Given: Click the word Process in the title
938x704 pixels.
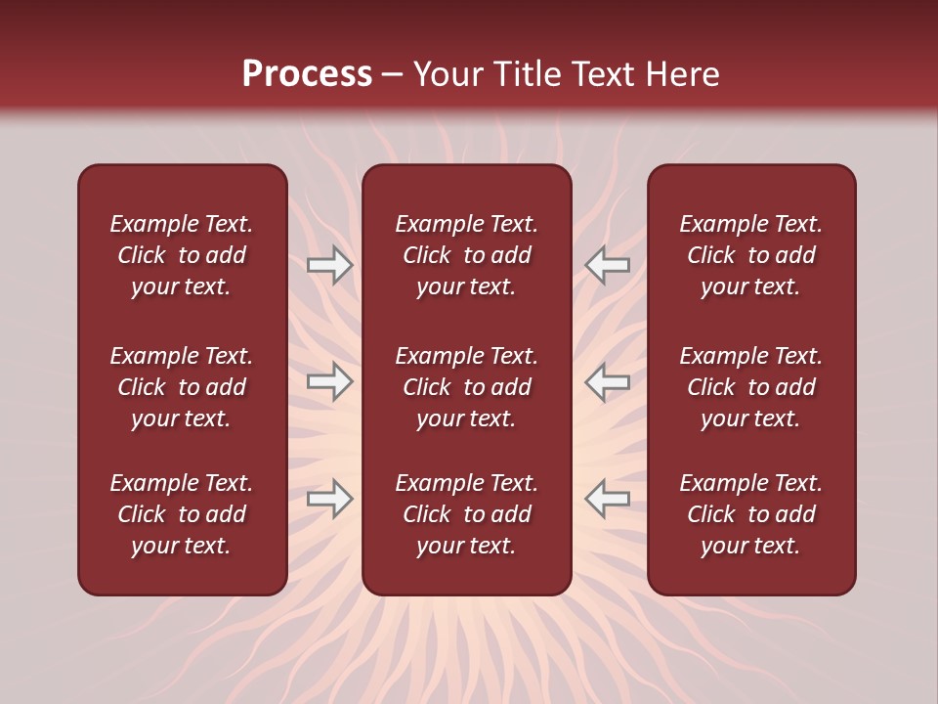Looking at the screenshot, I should [x=307, y=74].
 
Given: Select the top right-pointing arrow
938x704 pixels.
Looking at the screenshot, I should [x=329, y=265].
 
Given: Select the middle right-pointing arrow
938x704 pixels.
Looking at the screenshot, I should [x=329, y=381].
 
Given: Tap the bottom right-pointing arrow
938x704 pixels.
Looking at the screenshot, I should [x=329, y=500].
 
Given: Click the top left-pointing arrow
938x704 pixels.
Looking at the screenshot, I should [x=607, y=265].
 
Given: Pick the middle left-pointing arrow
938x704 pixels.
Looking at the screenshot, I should [x=607, y=381].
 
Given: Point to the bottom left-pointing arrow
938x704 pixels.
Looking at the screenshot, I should [x=607, y=500].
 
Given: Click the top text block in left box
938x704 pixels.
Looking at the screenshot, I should [x=182, y=255].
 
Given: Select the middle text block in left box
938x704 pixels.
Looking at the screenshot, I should [x=182, y=387].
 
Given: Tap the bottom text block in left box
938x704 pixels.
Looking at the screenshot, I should [x=182, y=514].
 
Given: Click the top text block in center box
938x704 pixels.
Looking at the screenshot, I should [x=466, y=255].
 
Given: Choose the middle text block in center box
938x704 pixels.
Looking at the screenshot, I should [x=466, y=387].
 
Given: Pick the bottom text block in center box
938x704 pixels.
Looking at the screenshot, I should [x=466, y=514].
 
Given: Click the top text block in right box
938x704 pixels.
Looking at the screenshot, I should [x=750, y=255].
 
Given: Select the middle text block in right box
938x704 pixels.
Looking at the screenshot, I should [x=750, y=387].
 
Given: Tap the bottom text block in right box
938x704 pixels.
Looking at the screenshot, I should [x=750, y=514].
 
